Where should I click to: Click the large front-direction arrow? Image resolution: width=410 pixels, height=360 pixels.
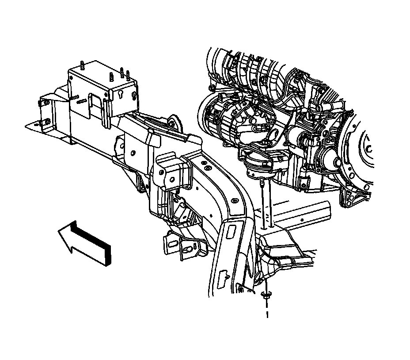[85, 242]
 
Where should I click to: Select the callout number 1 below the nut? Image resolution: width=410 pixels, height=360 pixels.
[267, 314]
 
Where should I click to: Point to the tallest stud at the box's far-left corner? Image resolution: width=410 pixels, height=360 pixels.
[82, 65]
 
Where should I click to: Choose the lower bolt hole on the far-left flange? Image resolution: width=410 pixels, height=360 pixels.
[48, 121]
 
